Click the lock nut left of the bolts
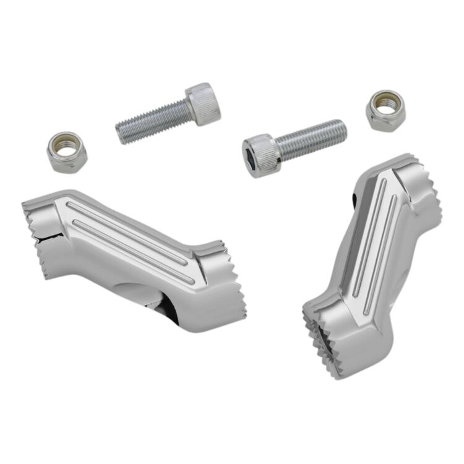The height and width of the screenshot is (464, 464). click(x=67, y=152)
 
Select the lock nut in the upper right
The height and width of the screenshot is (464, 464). click(x=385, y=110)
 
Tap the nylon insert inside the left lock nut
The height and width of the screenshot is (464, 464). click(x=66, y=148)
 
